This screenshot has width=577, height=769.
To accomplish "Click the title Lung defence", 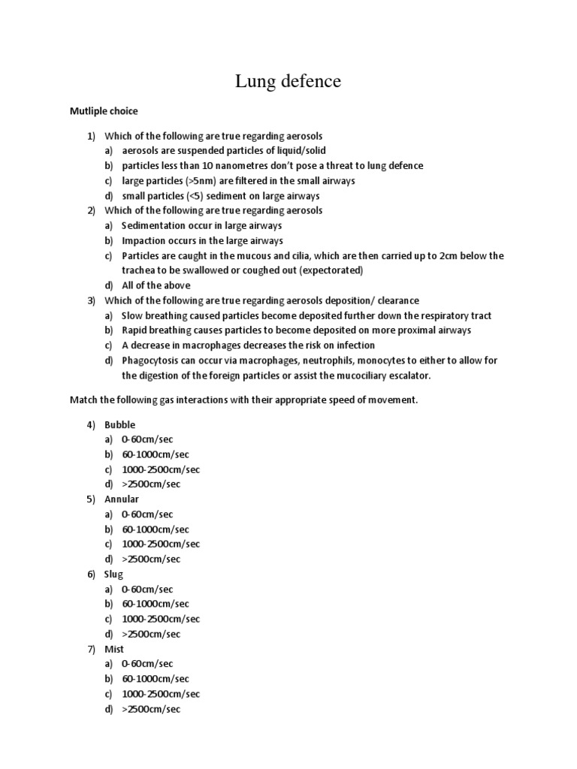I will (288, 81).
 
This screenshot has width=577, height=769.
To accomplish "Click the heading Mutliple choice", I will (104, 111).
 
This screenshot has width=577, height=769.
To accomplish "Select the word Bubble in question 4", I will (120, 424).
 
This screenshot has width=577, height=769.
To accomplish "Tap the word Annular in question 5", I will (122, 499).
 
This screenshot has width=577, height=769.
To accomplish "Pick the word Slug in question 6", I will (113, 574).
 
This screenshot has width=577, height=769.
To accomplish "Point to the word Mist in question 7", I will (114, 649).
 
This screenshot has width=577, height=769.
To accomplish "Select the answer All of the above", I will (156, 285).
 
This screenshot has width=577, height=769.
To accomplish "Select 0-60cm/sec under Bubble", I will (147, 439).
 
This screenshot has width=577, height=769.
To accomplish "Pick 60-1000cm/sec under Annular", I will (156, 529).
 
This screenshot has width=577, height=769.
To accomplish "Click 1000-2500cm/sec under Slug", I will (161, 619).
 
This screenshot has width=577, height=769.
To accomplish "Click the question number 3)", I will (92, 300).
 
